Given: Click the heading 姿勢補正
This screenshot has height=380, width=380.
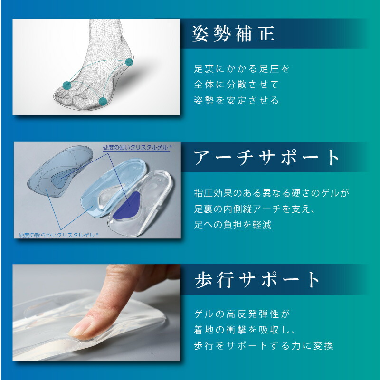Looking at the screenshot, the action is click(233, 34).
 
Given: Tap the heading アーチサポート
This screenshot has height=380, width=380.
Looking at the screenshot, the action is click(266, 157).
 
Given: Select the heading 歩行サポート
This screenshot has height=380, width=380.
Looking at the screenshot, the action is click(256, 280).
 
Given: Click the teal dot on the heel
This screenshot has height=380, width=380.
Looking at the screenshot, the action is click(129, 62).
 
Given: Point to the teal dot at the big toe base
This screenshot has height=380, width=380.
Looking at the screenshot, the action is click(67, 85).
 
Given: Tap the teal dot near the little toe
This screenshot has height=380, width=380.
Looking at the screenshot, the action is click(103, 101).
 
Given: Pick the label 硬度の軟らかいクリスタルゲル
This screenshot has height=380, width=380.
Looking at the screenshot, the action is click(58, 235).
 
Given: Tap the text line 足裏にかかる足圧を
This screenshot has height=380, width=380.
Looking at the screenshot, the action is click(242, 68).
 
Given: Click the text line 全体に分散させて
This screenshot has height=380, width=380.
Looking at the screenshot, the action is click(236, 85).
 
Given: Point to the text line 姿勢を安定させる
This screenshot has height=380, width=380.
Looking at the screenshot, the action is click(236, 100).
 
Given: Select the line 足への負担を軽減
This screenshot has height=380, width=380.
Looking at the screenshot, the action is click(233, 224).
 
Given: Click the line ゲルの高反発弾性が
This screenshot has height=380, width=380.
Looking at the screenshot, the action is click(242, 314).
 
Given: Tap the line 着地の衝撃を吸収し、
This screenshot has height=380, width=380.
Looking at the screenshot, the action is click(244, 330).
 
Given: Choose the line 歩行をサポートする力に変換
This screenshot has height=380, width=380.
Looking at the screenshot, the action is click(264, 346).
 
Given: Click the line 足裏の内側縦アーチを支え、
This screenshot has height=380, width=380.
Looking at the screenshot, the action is click(255, 209).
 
